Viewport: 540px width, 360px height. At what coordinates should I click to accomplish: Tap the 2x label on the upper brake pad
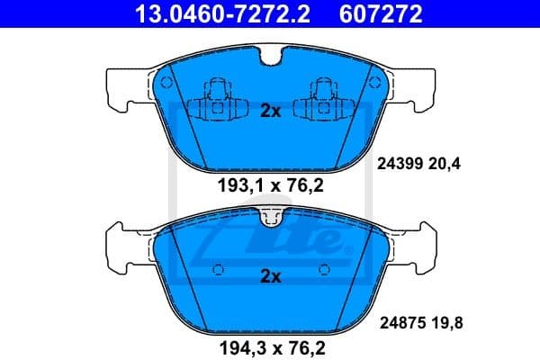click(270, 112)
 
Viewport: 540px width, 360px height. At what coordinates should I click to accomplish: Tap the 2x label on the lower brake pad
click(270, 277)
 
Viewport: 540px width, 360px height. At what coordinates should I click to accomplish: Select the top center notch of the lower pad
click(270, 216)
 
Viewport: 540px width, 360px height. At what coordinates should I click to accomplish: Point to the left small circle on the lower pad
click(218, 267)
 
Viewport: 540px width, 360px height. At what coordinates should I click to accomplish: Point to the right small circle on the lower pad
click(322, 267)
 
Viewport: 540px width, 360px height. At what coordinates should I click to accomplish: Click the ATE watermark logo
click(270, 238)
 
